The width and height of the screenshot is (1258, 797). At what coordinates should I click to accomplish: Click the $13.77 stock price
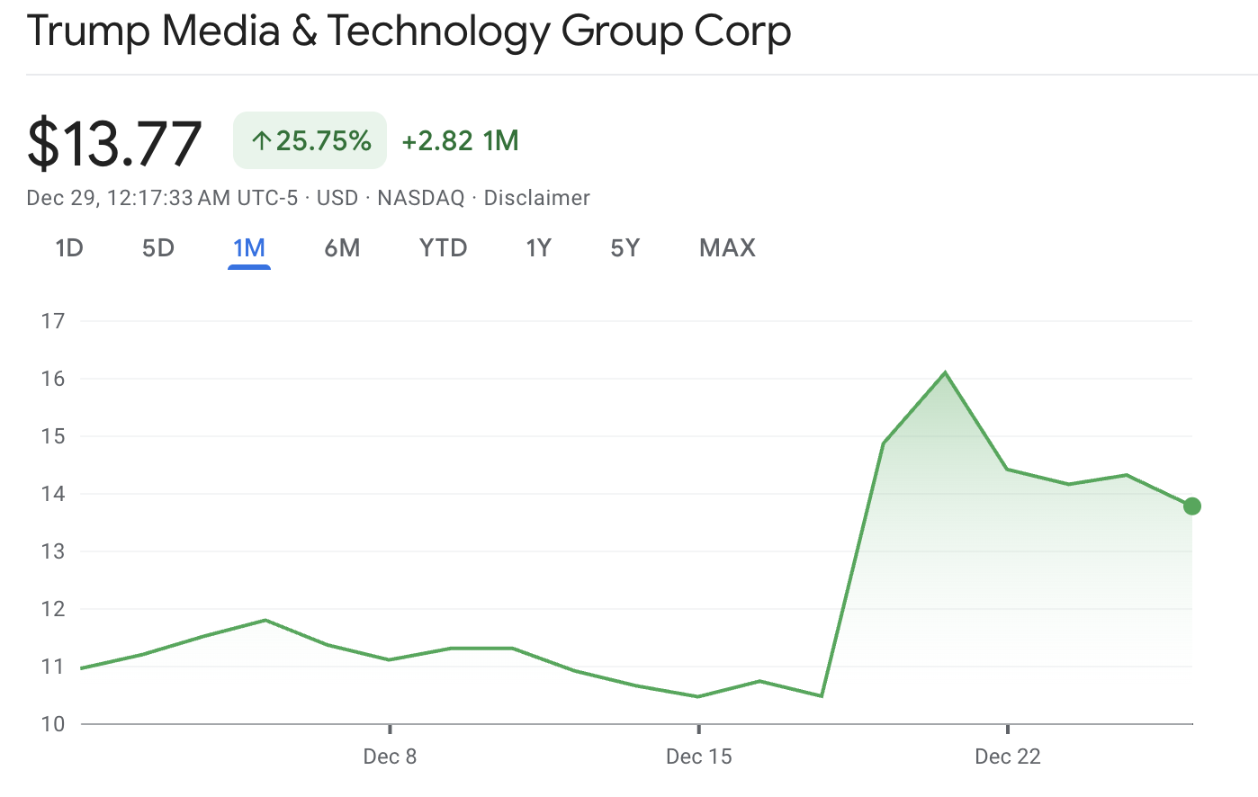[114, 143]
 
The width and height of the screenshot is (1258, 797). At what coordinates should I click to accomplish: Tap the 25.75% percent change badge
[310, 140]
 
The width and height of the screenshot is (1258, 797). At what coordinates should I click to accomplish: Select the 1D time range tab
[69, 248]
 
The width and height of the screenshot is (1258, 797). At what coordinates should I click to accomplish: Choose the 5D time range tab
[158, 248]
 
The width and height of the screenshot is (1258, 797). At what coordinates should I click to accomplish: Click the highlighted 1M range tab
[249, 248]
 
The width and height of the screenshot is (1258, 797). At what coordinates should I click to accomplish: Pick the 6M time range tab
[342, 248]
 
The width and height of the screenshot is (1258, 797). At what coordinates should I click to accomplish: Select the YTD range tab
[443, 248]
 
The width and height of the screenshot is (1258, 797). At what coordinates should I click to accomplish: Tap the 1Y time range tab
[538, 248]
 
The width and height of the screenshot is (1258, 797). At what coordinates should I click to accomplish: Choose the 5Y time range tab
[625, 248]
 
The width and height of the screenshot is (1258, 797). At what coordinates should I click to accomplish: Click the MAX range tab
[727, 248]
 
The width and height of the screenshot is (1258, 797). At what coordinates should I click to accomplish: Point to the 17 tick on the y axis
[53, 321]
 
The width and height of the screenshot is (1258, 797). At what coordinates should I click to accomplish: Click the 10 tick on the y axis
[53, 724]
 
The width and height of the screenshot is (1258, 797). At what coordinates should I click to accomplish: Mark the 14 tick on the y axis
[53, 494]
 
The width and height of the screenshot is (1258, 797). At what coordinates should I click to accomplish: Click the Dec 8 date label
[390, 757]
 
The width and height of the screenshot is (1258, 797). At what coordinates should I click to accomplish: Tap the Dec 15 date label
[699, 757]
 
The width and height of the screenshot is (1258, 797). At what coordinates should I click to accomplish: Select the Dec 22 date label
[1008, 757]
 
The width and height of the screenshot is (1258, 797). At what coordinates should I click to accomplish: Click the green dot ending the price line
[1192, 506]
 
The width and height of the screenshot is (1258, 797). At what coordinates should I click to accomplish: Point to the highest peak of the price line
[945, 372]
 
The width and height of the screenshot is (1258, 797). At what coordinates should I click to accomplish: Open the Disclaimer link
[537, 198]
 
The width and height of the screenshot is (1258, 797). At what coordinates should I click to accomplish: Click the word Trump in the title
[87, 31]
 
